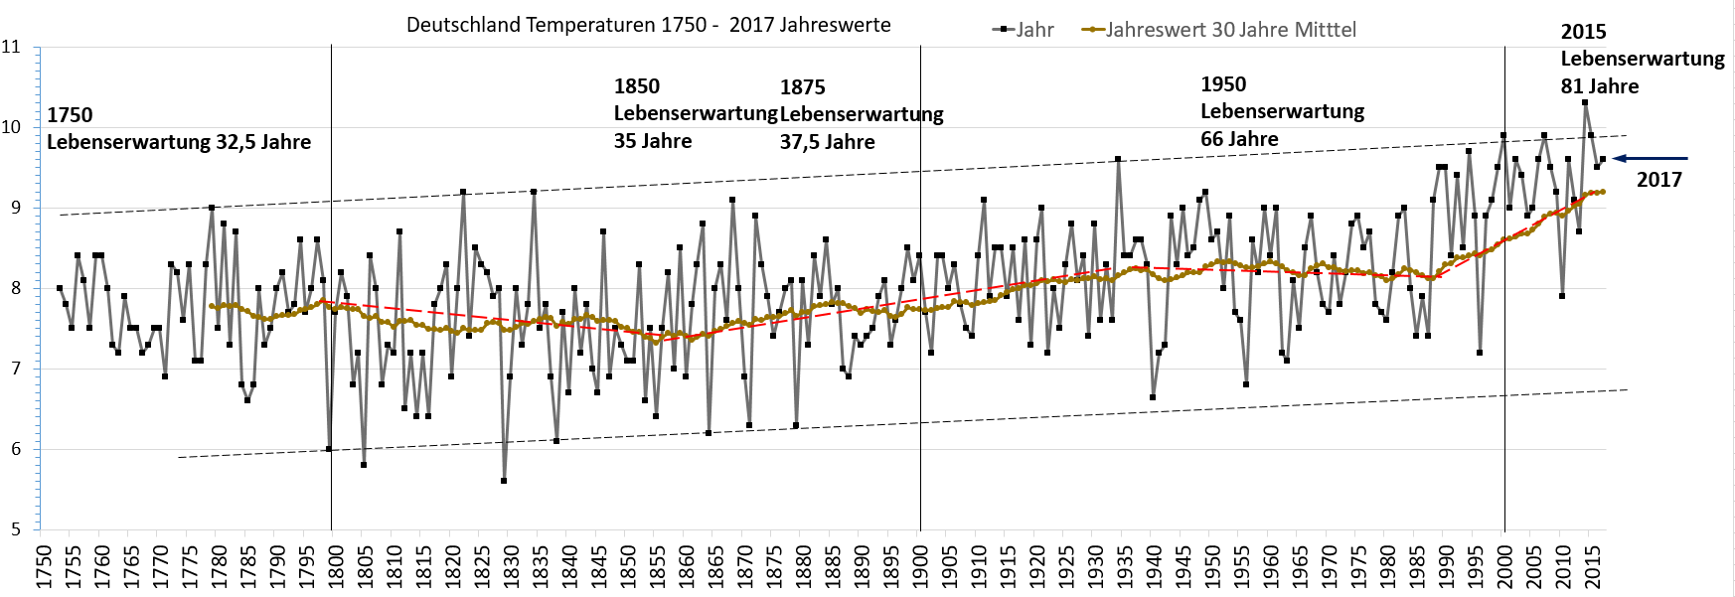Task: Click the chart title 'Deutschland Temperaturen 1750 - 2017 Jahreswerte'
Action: [648, 25]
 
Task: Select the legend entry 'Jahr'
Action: [1033, 30]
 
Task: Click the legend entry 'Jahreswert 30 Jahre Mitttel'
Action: [1230, 30]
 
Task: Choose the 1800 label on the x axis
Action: [336, 567]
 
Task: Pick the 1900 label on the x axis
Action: [921, 567]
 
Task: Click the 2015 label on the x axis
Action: [1594, 567]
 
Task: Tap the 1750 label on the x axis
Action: [44, 567]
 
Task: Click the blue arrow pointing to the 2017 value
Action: [1650, 158]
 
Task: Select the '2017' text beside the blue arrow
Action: [1658, 180]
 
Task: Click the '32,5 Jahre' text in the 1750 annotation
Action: [263, 142]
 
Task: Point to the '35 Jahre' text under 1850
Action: [652, 141]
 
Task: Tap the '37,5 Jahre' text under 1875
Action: [827, 142]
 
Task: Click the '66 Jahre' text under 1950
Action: [1239, 139]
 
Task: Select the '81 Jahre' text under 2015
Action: [1599, 86]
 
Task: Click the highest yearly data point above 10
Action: [1585, 102]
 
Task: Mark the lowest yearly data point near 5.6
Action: [504, 481]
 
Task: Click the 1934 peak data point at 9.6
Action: [1118, 159]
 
